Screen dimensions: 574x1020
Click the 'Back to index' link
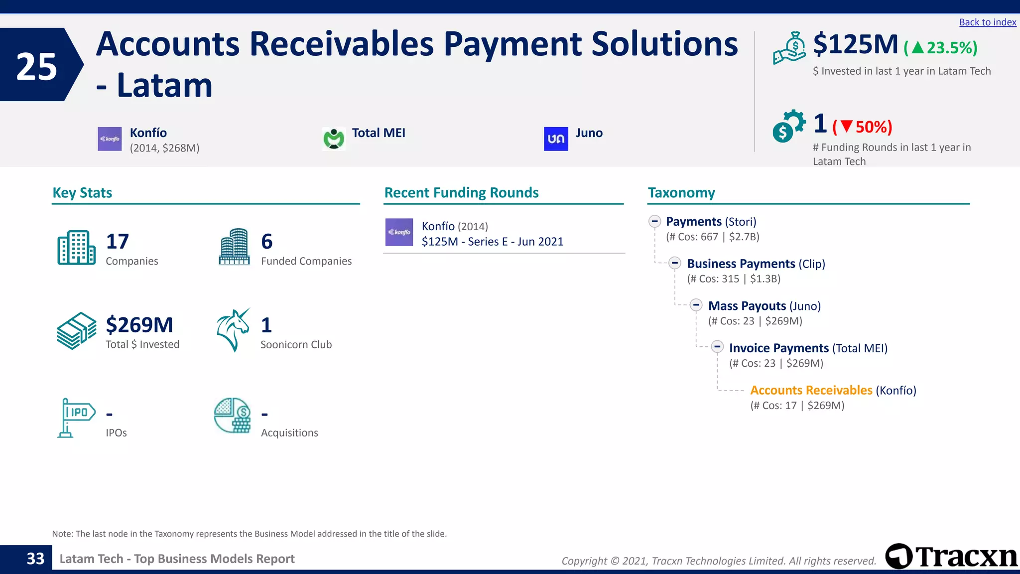click(x=987, y=22)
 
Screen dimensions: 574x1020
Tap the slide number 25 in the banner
click(x=36, y=67)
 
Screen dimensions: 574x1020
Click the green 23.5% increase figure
click(x=941, y=48)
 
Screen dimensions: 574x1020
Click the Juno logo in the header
click(x=556, y=139)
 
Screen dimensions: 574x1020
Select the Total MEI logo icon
click(x=334, y=139)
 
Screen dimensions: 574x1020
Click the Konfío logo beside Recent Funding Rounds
click(x=399, y=232)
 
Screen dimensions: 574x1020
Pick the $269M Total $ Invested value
click(x=139, y=325)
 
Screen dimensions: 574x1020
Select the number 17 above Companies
click(x=118, y=242)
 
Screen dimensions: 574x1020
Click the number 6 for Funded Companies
click(x=267, y=242)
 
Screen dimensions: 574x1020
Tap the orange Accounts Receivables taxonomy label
click(x=811, y=390)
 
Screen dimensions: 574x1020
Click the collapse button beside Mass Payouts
click(x=696, y=305)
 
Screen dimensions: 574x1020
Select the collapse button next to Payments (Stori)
click(x=654, y=221)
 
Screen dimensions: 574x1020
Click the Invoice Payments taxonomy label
click(x=778, y=348)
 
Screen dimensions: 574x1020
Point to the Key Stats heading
click(x=82, y=193)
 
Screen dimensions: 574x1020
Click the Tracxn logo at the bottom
click(x=951, y=557)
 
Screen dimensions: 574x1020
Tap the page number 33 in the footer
click(x=35, y=559)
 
